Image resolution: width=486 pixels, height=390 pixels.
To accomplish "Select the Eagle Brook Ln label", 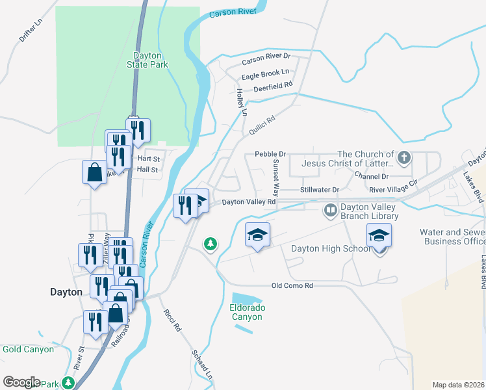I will click(x=265, y=73).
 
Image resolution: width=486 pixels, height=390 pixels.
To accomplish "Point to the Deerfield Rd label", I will click(x=273, y=85).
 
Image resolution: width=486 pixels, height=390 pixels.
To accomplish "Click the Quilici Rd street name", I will click(x=262, y=125).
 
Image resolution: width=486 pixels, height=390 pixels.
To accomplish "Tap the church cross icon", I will click(x=403, y=157).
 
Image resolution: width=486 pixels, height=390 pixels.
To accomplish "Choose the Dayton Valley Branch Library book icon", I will click(x=330, y=210).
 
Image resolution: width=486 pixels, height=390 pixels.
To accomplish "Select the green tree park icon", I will click(x=210, y=244).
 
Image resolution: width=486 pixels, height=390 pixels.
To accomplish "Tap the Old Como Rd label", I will click(x=292, y=286).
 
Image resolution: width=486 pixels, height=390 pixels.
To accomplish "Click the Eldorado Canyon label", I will click(x=246, y=312).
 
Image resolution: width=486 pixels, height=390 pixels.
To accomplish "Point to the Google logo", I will click(x=21, y=382).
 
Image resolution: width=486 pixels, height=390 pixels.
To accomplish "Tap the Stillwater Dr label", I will click(x=320, y=190).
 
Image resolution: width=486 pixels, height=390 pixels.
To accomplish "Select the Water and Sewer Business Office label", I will click(x=452, y=237).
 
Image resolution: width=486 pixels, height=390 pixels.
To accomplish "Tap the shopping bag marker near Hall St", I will click(x=94, y=172).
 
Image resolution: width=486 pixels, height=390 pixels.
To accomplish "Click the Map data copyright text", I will click(x=459, y=385).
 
